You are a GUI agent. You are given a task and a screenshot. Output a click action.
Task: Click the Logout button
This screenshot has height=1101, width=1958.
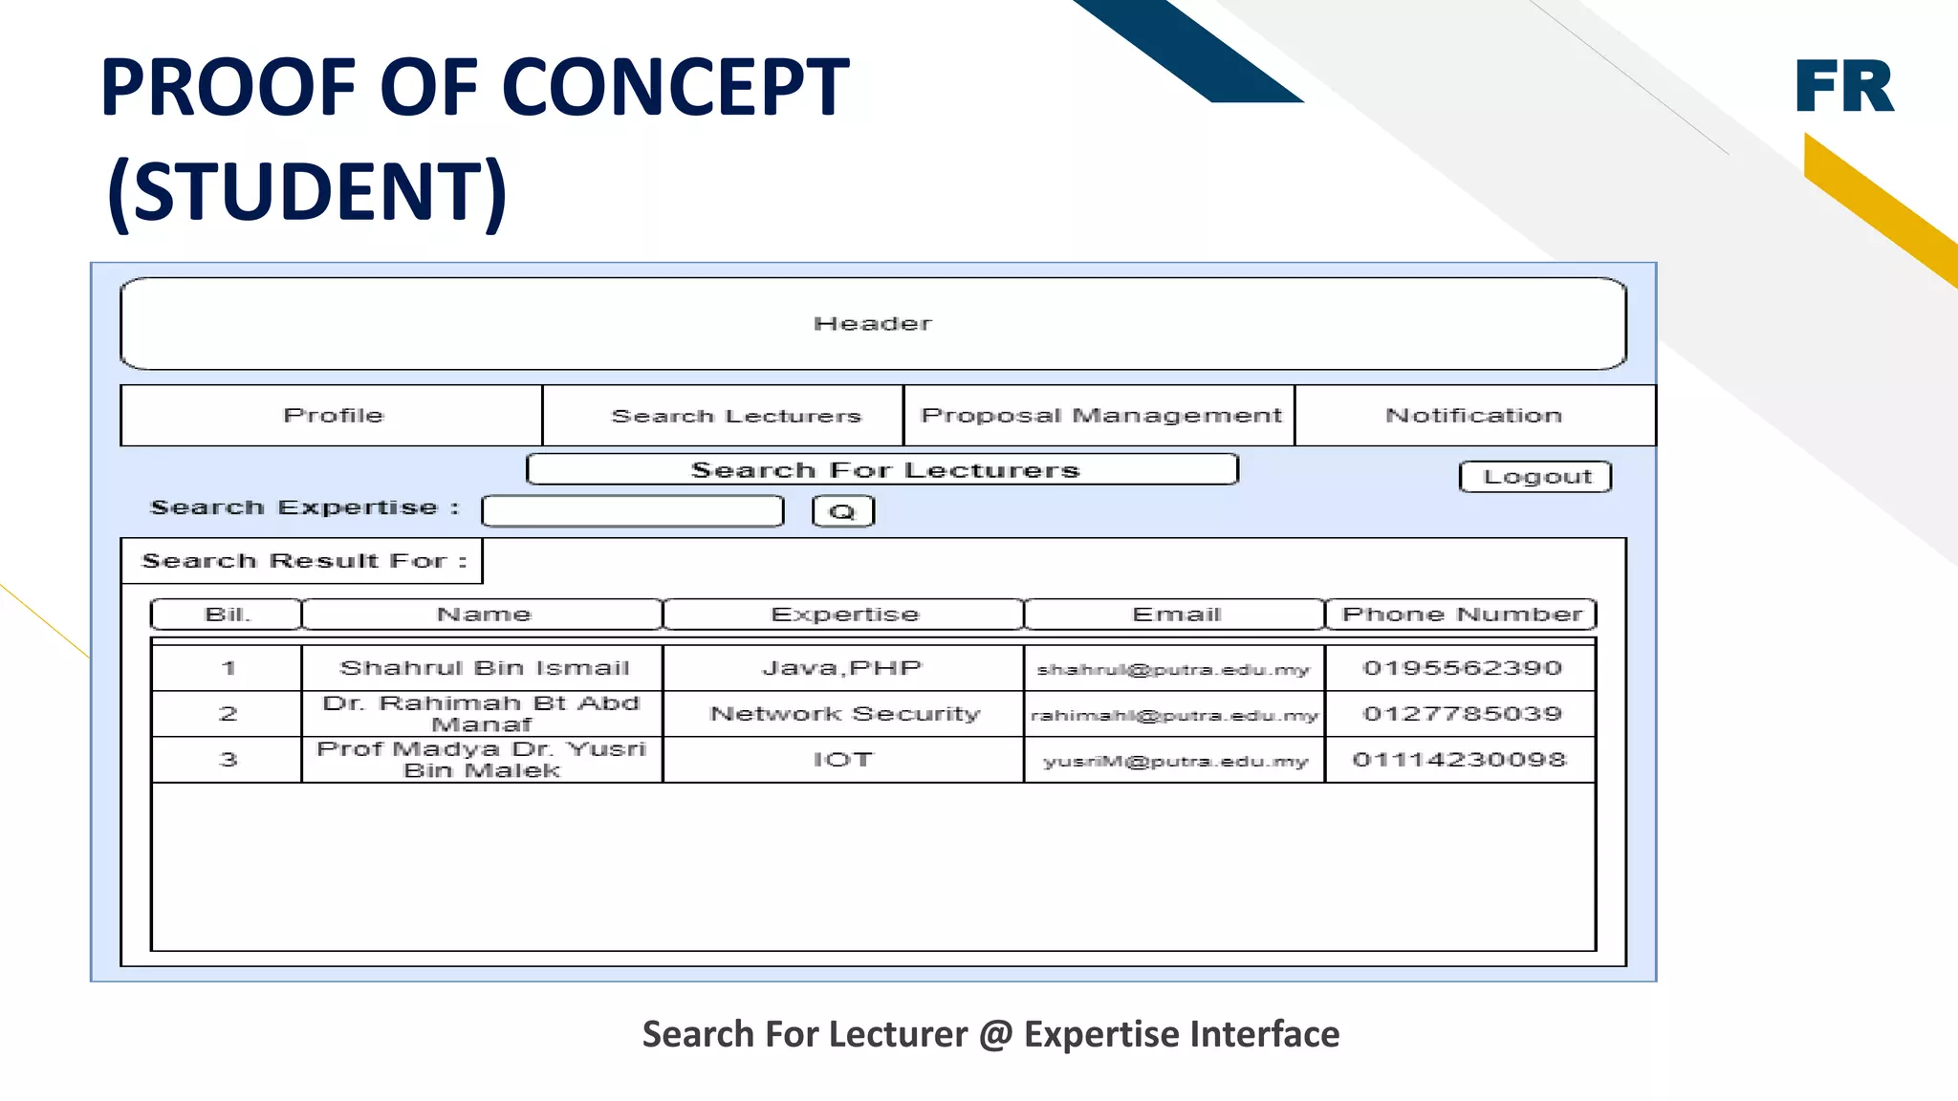(x=1535, y=477)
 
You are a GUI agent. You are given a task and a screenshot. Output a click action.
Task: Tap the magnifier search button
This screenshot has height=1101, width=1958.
(x=842, y=511)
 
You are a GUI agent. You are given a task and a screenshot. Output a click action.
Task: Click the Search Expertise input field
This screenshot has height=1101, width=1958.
(x=633, y=511)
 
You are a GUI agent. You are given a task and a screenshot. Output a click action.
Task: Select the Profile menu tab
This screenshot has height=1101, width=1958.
(x=332, y=416)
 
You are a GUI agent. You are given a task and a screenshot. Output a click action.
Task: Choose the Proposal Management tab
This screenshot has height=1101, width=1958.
(x=1099, y=416)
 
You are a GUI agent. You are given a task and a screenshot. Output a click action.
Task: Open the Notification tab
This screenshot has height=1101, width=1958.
(x=1473, y=416)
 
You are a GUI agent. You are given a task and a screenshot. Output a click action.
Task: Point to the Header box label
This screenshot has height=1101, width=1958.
(x=872, y=324)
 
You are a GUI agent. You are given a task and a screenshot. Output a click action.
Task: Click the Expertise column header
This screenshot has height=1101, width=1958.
(x=844, y=615)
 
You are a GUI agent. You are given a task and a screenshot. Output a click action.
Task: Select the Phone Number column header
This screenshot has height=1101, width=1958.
(x=1461, y=615)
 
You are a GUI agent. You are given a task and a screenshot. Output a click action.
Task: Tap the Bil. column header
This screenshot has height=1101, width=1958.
(x=227, y=615)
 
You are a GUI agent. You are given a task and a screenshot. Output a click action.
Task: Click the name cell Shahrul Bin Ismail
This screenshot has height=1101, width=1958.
(x=484, y=668)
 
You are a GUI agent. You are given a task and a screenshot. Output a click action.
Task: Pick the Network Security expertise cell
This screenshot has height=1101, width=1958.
(x=844, y=714)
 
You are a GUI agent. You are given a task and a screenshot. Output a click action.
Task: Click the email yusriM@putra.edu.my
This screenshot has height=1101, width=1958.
(x=1175, y=762)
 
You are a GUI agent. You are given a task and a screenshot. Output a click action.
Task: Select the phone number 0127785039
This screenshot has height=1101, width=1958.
(x=1461, y=714)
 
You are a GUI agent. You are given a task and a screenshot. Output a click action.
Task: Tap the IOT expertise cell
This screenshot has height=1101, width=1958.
(x=843, y=760)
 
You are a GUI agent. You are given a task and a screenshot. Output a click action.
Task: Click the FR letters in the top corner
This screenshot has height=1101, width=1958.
(x=1843, y=86)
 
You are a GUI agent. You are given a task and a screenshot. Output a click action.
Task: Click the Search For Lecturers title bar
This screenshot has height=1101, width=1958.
(x=883, y=470)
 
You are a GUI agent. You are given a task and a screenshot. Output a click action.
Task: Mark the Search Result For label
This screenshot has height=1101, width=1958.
(x=303, y=561)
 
